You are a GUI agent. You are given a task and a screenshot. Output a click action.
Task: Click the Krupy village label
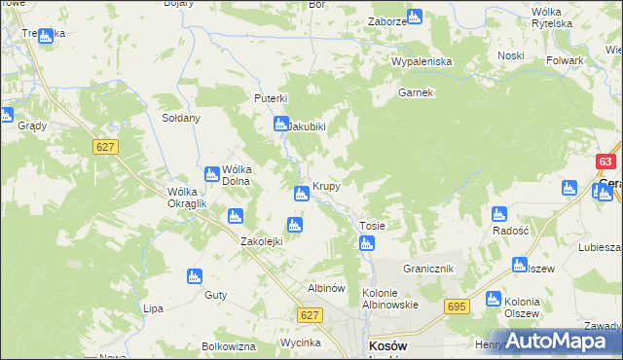(x=325, y=186)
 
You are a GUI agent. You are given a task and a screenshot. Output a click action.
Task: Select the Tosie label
(x=373, y=226)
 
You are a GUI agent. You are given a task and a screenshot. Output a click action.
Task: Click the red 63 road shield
(x=606, y=162)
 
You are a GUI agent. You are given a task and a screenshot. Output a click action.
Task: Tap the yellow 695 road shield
(x=458, y=306)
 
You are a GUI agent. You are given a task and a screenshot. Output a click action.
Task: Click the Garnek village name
(x=415, y=93)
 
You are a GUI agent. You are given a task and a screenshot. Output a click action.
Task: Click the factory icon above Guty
(x=195, y=276)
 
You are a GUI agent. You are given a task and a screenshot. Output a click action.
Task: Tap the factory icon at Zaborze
(x=414, y=17)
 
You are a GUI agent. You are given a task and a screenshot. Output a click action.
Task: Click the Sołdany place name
(x=180, y=118)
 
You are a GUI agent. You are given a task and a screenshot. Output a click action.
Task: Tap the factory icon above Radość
(x=499, y=214)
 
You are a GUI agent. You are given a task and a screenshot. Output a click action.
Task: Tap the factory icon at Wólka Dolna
(x=211, y=173)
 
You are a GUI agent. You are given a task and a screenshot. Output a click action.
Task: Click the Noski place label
(x=510, y=55)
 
